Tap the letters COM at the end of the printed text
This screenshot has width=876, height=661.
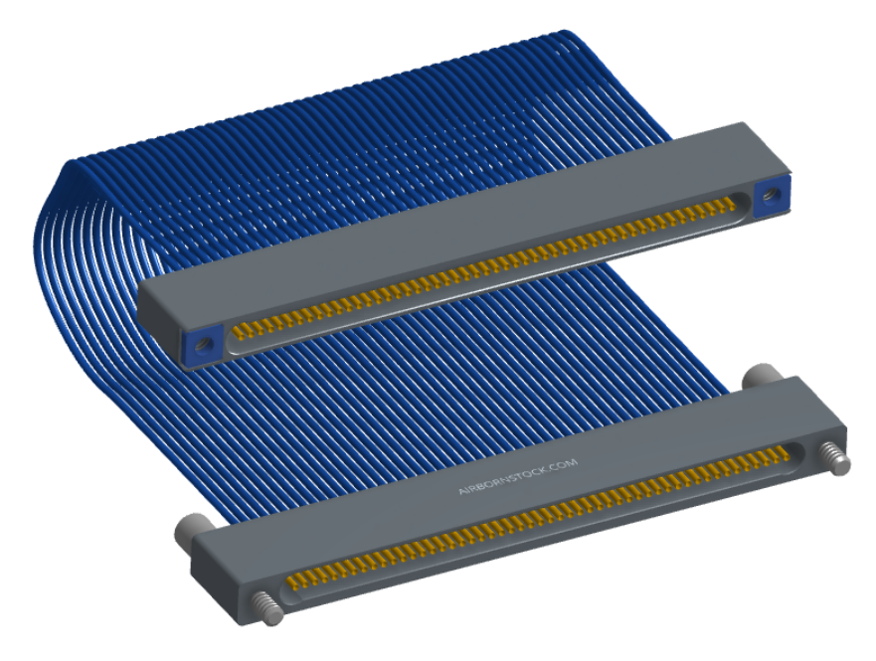pos(568,463)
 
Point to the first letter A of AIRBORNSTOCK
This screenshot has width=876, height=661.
pos(461,492)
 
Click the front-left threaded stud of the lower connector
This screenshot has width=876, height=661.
pos(265,608)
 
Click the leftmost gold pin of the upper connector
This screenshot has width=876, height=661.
pos(238,333)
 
